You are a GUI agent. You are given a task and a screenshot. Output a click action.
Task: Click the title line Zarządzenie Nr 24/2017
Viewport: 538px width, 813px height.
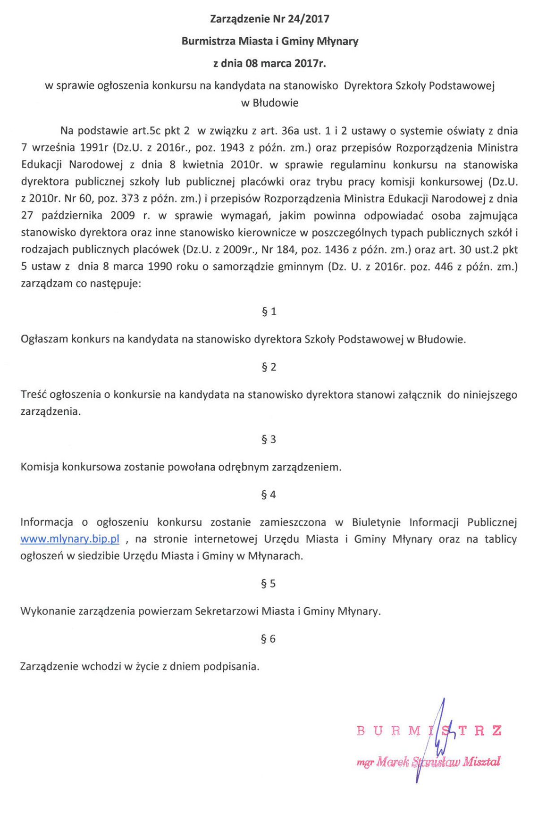269,19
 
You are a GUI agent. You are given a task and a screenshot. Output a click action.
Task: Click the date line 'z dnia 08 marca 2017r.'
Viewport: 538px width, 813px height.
269,63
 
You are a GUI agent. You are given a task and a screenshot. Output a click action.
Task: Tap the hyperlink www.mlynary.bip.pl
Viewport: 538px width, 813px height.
70,539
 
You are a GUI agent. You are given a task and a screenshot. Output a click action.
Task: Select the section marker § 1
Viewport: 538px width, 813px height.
269,311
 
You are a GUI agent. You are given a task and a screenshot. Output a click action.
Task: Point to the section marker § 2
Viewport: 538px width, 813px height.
269,367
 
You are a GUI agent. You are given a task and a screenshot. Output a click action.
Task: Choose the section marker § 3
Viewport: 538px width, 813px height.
269,439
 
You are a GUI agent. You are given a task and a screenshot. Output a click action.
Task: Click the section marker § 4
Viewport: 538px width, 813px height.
269,495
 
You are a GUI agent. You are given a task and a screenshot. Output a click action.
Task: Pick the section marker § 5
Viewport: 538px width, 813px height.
269,584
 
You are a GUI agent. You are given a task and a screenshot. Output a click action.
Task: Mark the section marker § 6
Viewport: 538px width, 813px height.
269,639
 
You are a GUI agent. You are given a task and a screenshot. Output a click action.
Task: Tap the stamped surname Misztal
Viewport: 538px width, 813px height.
481,761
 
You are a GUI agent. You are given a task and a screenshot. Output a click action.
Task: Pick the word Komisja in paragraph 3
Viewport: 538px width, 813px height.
39,467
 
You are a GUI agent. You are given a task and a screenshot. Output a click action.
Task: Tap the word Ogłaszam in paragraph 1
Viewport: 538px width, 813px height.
43,339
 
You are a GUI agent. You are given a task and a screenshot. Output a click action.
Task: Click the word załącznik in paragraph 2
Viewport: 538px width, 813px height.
420,395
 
